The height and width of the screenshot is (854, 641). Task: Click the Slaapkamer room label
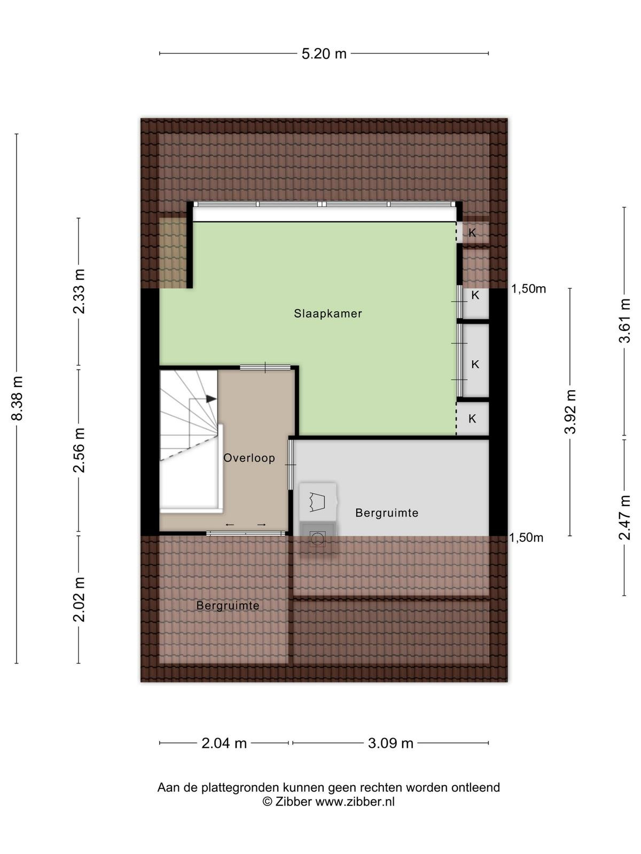[x=327, y=314]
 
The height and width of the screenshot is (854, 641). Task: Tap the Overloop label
[x=249, y=458]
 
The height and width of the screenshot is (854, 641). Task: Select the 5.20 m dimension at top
[x=324, y=54]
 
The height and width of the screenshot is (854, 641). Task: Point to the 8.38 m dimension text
[x=18, y=398]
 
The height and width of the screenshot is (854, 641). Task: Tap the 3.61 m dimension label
[x=624, y=321]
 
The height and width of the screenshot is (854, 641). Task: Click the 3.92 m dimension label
[x=570, y=412]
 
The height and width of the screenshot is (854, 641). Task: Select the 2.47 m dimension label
[x=624, y=517]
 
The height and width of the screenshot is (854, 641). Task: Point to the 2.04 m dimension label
[x=224, y=744]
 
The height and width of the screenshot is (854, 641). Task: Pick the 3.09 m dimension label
[x=390, y=744]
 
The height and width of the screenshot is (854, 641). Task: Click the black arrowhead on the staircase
[x=211, y=399]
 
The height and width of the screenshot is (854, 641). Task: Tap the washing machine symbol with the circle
[x=317, y=539]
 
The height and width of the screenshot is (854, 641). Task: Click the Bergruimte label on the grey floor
[x=387, y=513]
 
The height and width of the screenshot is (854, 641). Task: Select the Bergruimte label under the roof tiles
[x=228, y=605]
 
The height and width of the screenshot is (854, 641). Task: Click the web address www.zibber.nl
[x=355, y=802]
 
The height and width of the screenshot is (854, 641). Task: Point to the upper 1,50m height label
[x=528, y=289]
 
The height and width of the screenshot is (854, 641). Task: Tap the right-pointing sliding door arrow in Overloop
[x=262, y=525]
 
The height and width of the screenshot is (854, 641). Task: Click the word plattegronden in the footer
[x=240, y=788]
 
